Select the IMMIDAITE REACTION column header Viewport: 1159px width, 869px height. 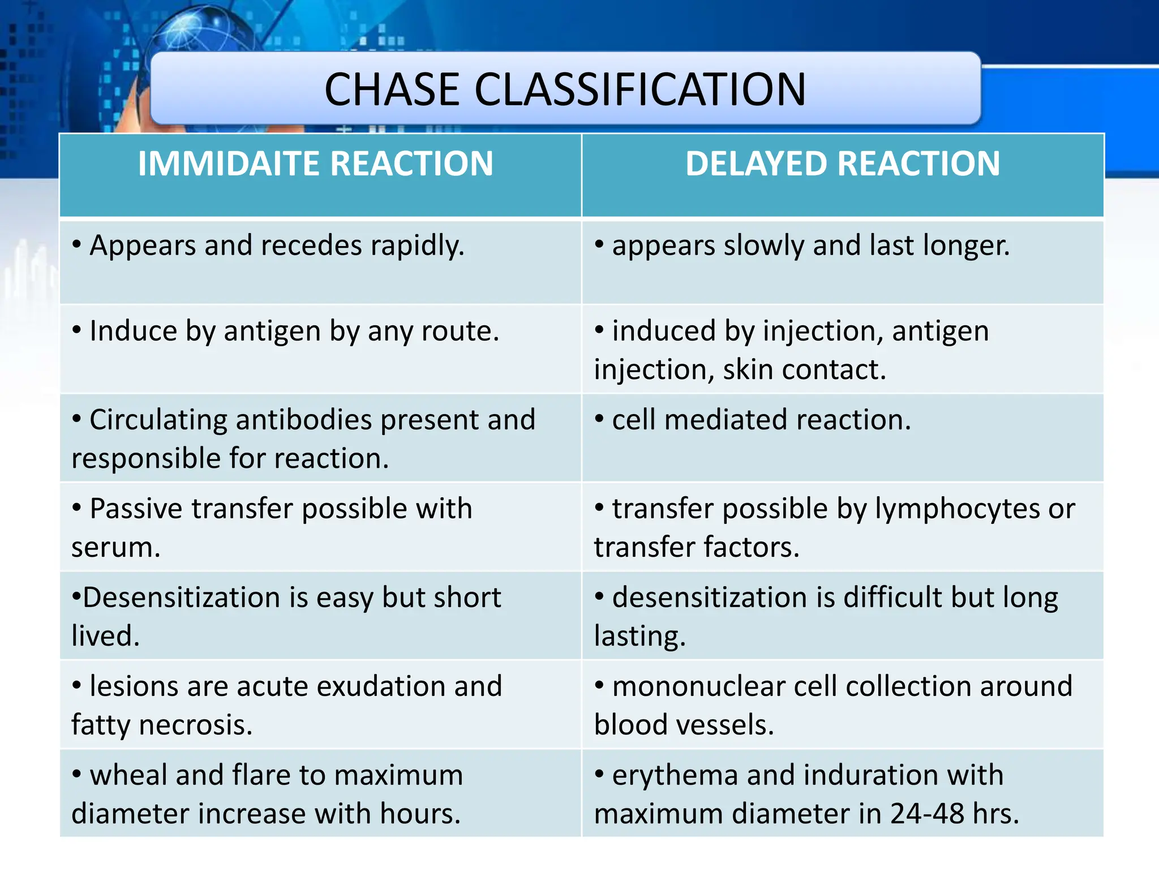pyautogui.click(x=315, y=164)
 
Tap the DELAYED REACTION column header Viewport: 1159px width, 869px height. pyautogui.click(x=843, y=164)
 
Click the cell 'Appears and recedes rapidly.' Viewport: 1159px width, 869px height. pyautogui.click(x=277, y=246)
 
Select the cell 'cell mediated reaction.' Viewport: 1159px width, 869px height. pyautogui.click(x=761, y=420)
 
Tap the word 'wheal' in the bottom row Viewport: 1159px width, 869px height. pyautogui.click(x=128, y=776)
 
